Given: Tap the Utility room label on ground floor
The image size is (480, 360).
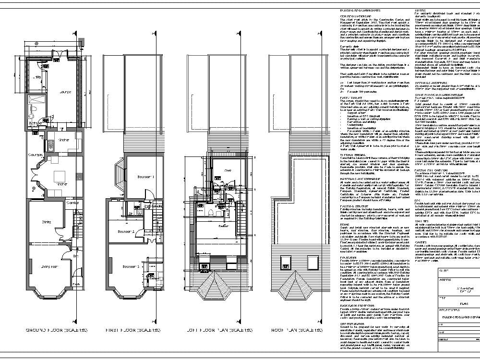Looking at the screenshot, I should pos(37,77).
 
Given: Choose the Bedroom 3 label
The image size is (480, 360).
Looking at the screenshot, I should pos(131,266).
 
